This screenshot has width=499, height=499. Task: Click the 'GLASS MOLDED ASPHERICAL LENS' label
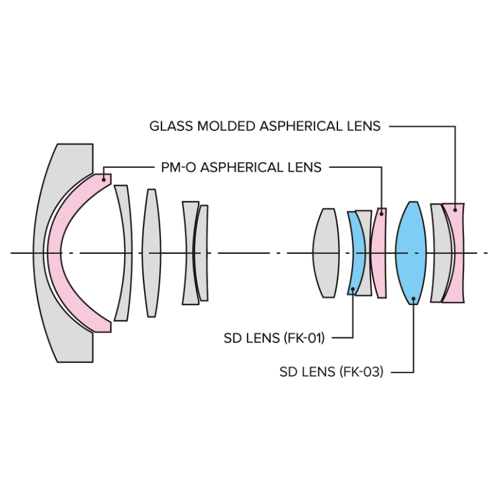264,126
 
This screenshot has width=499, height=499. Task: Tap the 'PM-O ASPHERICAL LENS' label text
241,167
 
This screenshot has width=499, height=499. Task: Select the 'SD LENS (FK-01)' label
274,337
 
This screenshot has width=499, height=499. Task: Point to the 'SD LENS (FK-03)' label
331,372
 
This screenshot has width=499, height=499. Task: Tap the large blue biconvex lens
411,253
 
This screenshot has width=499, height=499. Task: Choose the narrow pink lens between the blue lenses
379,253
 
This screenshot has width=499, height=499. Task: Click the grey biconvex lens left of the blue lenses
326,253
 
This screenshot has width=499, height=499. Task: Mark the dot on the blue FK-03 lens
414,299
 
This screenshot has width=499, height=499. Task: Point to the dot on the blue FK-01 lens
353,289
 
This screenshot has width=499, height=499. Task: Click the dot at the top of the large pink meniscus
104,180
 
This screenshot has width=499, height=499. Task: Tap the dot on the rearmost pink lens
455,210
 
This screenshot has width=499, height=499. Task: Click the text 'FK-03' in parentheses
361,372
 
